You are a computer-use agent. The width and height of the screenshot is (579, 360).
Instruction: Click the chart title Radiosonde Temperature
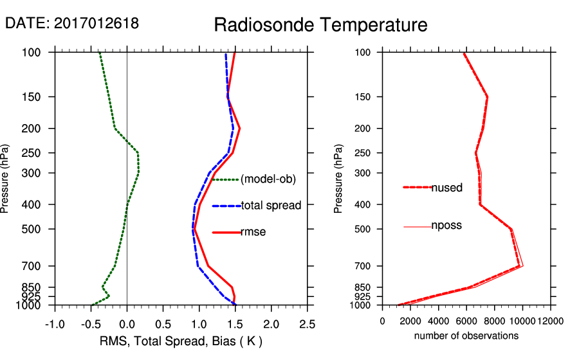(x=320, y=26)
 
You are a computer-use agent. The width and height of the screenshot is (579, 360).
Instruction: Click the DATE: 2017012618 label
(x=72, y=24)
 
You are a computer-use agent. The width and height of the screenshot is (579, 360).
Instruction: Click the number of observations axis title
(x=466, y=336)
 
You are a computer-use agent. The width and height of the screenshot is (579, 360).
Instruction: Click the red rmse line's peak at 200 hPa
(x=239, y=129)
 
